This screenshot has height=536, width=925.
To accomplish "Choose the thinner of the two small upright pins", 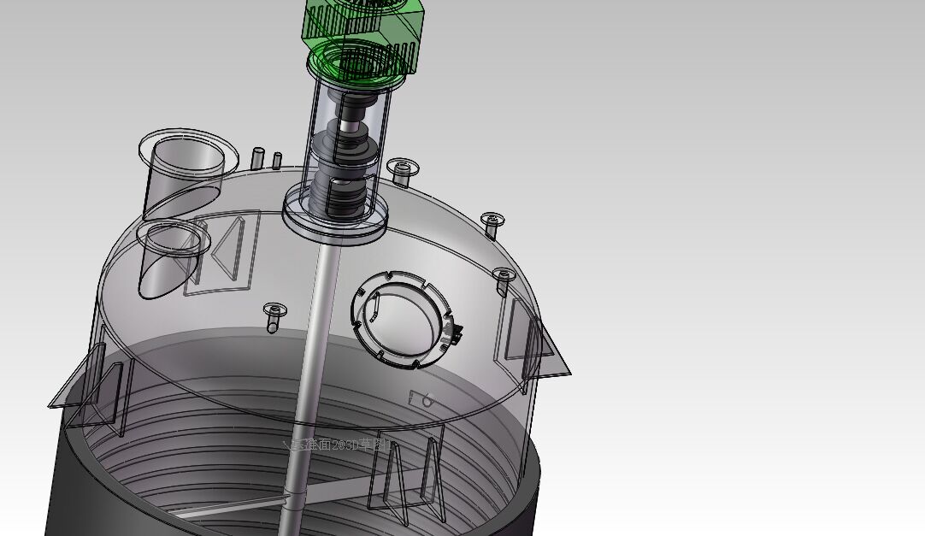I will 277,160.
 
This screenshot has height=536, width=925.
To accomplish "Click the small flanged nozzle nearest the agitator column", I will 401,168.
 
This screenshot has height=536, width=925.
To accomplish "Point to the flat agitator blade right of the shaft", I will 376,487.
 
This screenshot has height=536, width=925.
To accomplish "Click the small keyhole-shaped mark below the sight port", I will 421,398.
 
